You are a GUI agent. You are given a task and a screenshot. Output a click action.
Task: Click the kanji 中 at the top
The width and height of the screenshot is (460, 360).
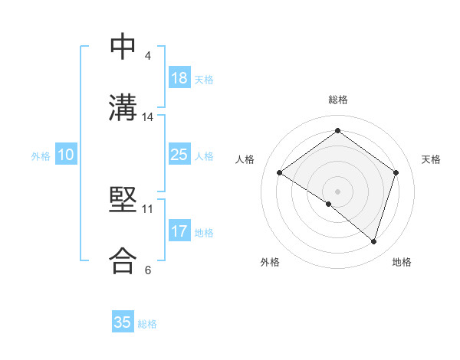[x=123, y=47]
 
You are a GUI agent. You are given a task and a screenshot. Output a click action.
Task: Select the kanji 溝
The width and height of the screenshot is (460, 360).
[x=123, y=107]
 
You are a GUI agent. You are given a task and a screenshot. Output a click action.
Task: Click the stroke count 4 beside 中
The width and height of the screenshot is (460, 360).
[x=148, y=56]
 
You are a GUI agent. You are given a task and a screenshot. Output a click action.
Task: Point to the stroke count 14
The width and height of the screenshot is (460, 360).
[x=148, y=117]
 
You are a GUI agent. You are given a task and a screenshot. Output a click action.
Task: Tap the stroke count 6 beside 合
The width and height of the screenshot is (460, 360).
[x=148, y=270]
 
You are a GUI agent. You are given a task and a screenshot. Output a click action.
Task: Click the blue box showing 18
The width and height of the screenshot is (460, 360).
[x=179, y=78]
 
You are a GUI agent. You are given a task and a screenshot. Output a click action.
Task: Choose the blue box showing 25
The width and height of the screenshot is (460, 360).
[x=179, y=155]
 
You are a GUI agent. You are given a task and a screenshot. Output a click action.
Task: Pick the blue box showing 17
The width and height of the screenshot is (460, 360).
[x=179, y=231]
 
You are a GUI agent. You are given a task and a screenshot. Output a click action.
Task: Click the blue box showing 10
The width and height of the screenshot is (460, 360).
[x=65, y=155]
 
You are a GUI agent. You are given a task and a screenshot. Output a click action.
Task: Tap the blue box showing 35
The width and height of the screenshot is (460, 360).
[x=123, y=322]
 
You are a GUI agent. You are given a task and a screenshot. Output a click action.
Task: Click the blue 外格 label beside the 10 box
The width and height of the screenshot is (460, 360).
[x=41, y=156]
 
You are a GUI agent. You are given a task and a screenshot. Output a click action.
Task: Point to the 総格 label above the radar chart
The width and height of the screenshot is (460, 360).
[x=338, y=100]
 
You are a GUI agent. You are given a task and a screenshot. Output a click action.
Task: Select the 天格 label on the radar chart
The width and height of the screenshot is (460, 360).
[x=431, y=159]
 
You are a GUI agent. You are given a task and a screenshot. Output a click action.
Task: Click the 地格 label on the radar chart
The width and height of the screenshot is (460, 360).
[x=402, y=262]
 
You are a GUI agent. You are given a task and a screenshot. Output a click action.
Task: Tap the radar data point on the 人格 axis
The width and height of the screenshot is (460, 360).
[x=280, y=173]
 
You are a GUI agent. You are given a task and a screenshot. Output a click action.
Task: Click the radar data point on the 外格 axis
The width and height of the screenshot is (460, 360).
[x=329, y=204]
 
